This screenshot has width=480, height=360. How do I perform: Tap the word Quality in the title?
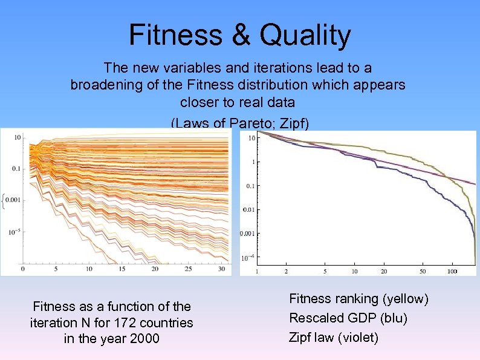305,35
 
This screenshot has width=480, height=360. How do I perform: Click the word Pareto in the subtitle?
245,123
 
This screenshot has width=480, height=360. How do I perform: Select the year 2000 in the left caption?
145,338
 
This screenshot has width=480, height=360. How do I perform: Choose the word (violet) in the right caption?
357,337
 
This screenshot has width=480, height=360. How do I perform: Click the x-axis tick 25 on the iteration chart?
188,269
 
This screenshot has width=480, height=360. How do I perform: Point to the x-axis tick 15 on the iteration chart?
122,269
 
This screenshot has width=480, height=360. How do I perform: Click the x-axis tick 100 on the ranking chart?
452,272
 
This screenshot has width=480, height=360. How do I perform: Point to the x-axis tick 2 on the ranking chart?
286,272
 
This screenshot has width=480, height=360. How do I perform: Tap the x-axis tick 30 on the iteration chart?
221,269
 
